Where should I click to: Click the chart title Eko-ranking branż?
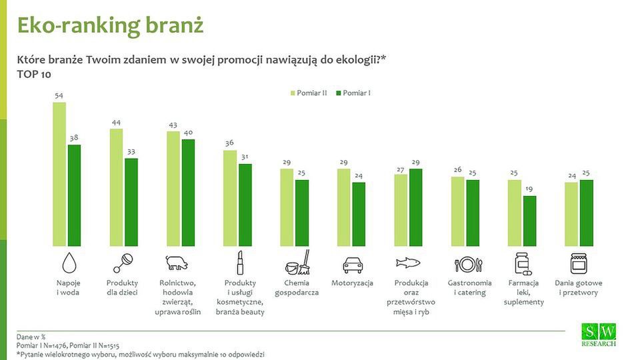[110, 25]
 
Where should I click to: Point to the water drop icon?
[69, 263]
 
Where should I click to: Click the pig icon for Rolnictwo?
[177, 263]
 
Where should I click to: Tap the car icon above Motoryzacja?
[353, 265]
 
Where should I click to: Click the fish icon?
[410, 263]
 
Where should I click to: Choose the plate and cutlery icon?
[467, 265]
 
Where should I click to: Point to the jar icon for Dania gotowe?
[577, 263]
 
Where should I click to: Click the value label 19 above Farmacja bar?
[529, 189]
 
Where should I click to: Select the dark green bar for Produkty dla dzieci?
[131, 203]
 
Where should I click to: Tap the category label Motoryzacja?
[353, 283]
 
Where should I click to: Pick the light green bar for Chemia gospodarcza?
[287, 207]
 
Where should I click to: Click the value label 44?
[116, 123]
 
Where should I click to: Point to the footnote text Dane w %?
[31, 337]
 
